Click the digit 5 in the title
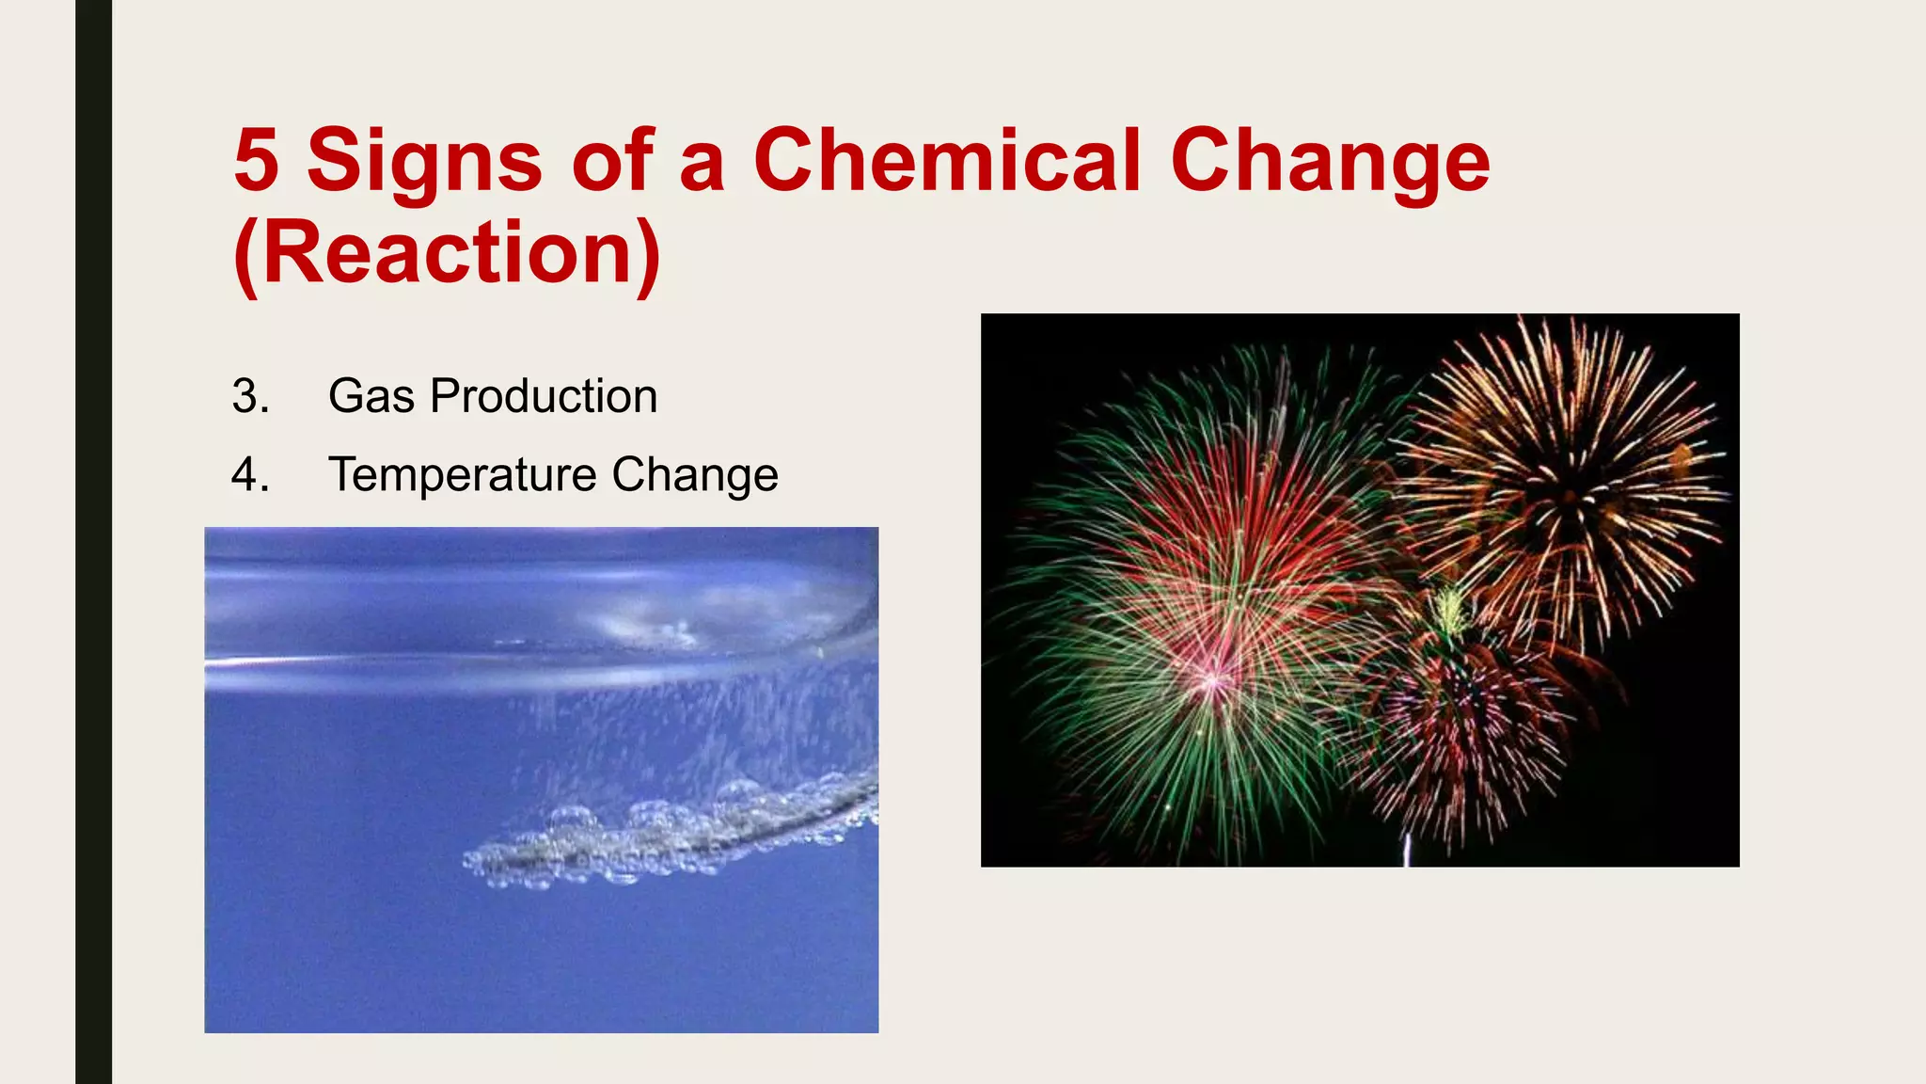257,160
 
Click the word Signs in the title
424,162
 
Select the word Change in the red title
1330,162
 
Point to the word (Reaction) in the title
448,252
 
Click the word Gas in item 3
371,396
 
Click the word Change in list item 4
695,475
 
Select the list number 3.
250,396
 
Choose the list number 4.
250,475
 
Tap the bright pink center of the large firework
1213,679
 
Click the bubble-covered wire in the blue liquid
677,833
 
